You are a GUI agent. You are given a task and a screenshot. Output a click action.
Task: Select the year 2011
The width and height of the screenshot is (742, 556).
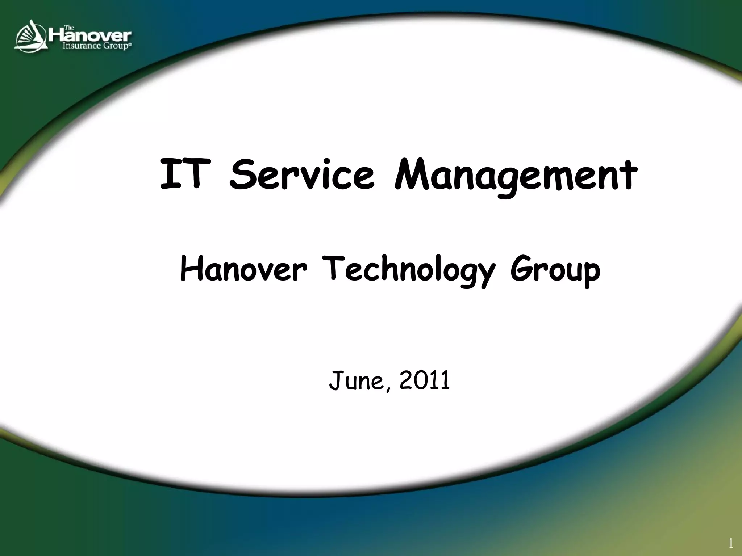click(425, 380)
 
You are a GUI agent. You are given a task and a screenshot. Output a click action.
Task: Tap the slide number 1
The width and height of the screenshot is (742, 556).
click(731, 543)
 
